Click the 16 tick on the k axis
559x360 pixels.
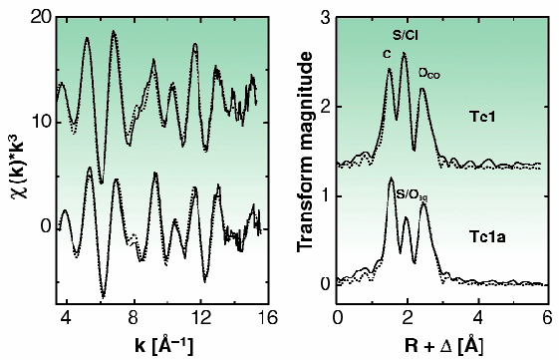pos(268,318)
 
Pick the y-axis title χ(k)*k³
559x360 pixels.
pos(12,160)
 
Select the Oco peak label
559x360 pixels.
pos(429,73)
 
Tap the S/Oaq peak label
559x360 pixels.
pos(412,194)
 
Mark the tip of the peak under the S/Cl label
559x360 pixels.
pos(404,53)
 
